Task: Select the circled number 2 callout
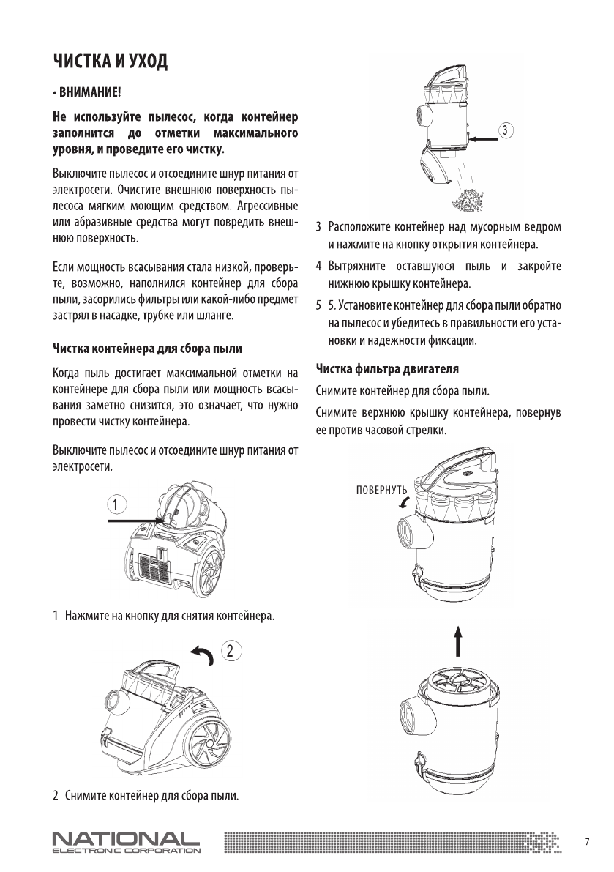click(230, 649)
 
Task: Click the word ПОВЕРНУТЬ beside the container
click(381, 489)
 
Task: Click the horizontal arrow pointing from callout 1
click(135, 520)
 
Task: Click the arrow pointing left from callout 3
click(485, 138)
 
